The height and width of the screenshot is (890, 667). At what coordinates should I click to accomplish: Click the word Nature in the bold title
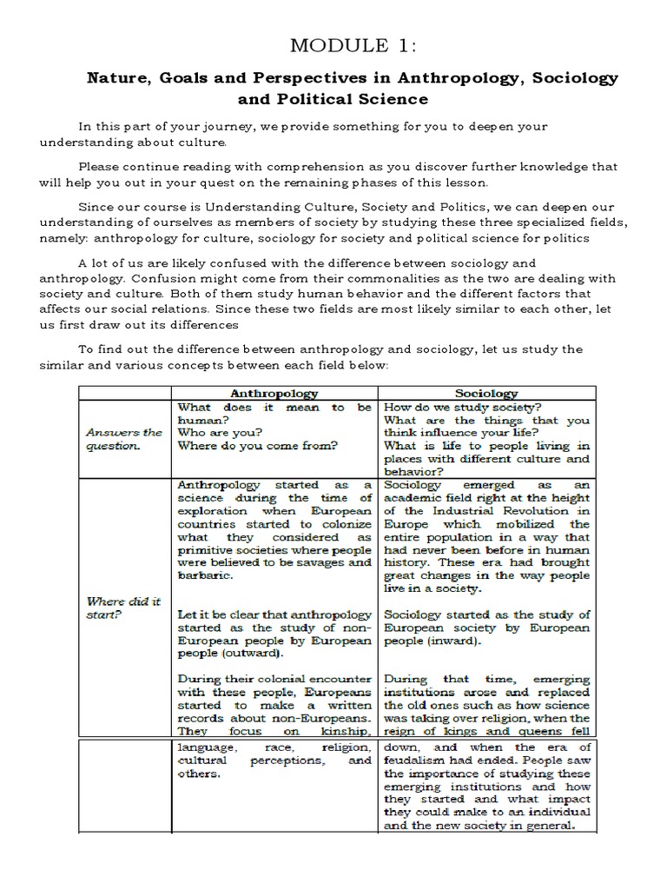click(116, 78)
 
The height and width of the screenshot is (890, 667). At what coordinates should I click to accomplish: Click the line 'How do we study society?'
click(463, 407)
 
